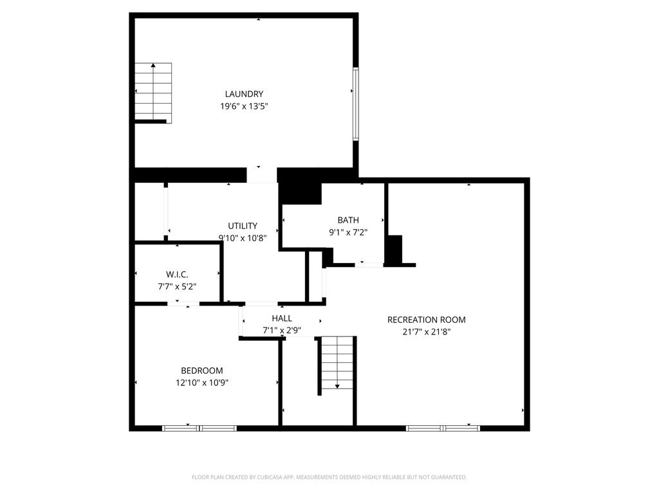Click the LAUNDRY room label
(x=244, y=94)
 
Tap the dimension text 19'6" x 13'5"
(x=244, y=106)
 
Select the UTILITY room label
(x=243, y=226)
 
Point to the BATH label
(x=348, y=220)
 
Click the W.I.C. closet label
(x=177, y=275)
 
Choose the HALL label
(x=282, y=318)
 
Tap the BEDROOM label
(x=201, y=370)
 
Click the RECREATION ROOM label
(x=426, y=320)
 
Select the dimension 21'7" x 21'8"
(x=426, y=332)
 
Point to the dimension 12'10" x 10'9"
(x=201, y=383)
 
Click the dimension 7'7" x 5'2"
(x=177, y=286)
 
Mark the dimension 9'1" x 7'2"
(x=348, y=232)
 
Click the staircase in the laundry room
(x=153, y=93)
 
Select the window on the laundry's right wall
(x=355, y=104)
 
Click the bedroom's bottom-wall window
(x=200, y=428)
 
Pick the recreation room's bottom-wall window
(x=443, y=428)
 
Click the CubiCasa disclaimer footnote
(x=329, y=477)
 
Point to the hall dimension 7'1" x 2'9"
(x=282, y=331)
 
